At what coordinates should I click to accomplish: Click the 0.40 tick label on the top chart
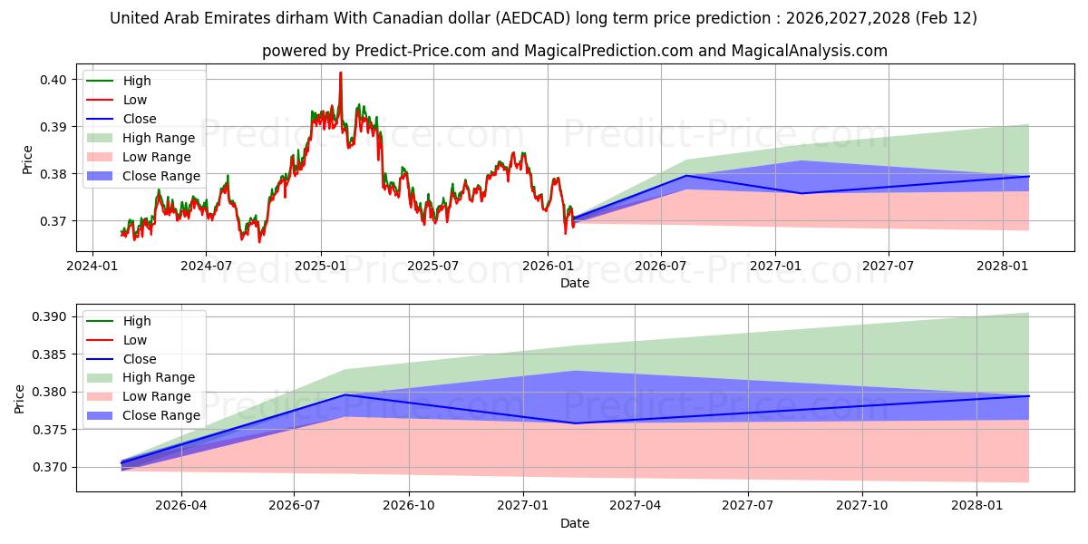click(x=53, y=80)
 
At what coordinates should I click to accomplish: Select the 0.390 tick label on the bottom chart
click(x=49, y=316)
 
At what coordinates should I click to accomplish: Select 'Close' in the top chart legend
click(x=139, y=119)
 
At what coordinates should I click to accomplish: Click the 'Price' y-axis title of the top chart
click(x=27, y=160)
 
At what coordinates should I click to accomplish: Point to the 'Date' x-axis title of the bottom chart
click(x=575, y=523)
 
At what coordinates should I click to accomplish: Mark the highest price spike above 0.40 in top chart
click(x=341, y=73)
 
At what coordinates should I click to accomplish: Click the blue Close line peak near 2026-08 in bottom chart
click(x=345, y=394)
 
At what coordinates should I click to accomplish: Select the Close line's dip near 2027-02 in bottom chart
click(x=575, y=423)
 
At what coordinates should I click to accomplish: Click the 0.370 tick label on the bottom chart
click(x=49, y=467)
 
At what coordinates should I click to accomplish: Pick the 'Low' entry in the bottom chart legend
click(x=134, y=340)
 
